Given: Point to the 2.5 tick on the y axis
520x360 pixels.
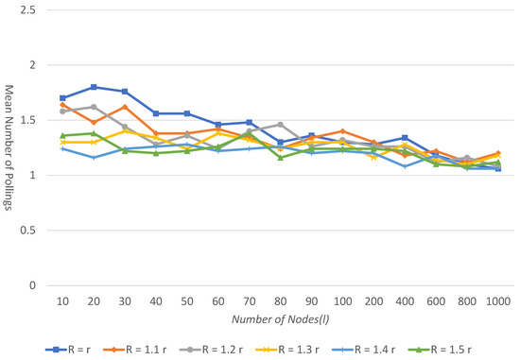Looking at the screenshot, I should click(34, 9).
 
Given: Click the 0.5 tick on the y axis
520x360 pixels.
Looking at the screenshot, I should click(34, 230).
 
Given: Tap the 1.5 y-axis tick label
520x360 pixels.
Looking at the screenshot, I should click(34, 120).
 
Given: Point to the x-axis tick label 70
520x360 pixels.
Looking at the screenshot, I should click(249, 300).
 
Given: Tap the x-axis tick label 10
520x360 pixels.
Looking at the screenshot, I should click(62, 300).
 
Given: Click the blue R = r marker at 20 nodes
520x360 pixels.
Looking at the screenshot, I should click(94, 87).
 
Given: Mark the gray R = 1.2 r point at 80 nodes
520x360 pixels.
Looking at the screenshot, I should click(280, 125).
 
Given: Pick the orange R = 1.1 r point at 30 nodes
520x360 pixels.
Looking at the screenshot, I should click(125, 107).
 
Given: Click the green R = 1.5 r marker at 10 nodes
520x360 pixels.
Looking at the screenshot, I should click(62, 135).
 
